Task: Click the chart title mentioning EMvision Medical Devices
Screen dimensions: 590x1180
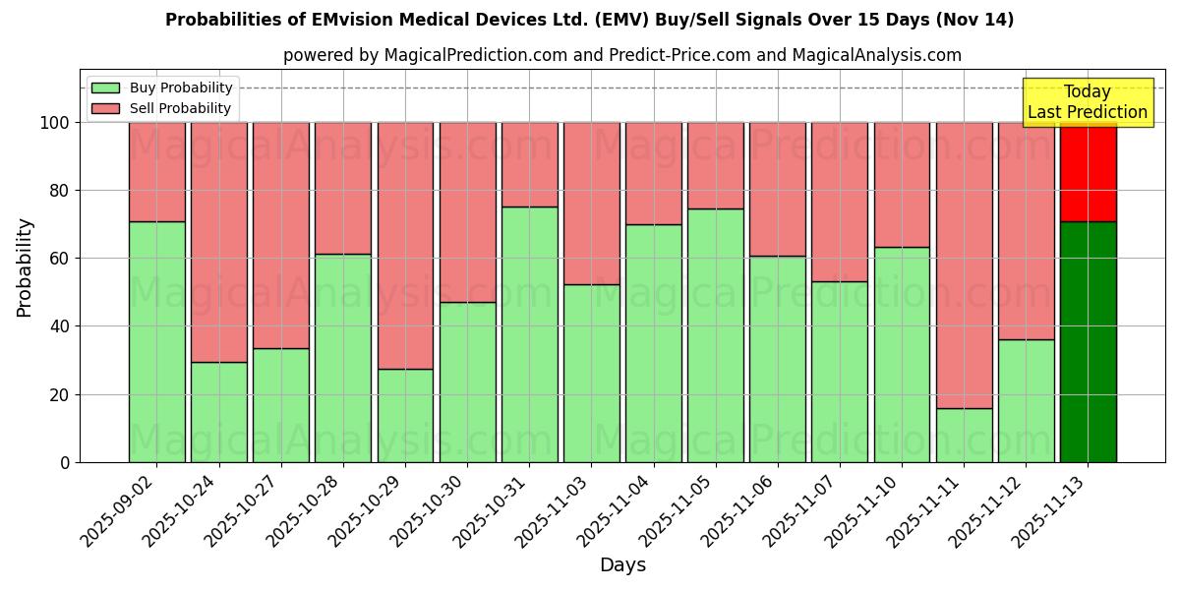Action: [x=589, y=20]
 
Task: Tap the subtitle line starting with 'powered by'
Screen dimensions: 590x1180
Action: [x=621, y=56]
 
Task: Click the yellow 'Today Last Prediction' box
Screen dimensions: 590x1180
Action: [x=1087, y=102]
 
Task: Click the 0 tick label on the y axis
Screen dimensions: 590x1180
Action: [x=65, y=462]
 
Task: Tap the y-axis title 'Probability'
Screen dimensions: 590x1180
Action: [x=25, y=266]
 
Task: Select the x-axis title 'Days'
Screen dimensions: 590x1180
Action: [x=622, y=565]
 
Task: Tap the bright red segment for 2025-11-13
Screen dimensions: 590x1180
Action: [x=1088, y=172]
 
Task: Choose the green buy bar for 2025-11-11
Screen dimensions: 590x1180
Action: [x=964, y=435]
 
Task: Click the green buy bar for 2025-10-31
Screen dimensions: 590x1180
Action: [x=529, y=334]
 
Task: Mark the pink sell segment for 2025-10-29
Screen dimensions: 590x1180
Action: [x=405, y=246]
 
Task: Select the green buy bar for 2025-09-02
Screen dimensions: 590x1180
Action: [x=156, y=341]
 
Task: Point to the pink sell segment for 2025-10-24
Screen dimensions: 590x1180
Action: [x=218, y=242]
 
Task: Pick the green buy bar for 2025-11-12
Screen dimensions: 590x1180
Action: [x=1026, y=400]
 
